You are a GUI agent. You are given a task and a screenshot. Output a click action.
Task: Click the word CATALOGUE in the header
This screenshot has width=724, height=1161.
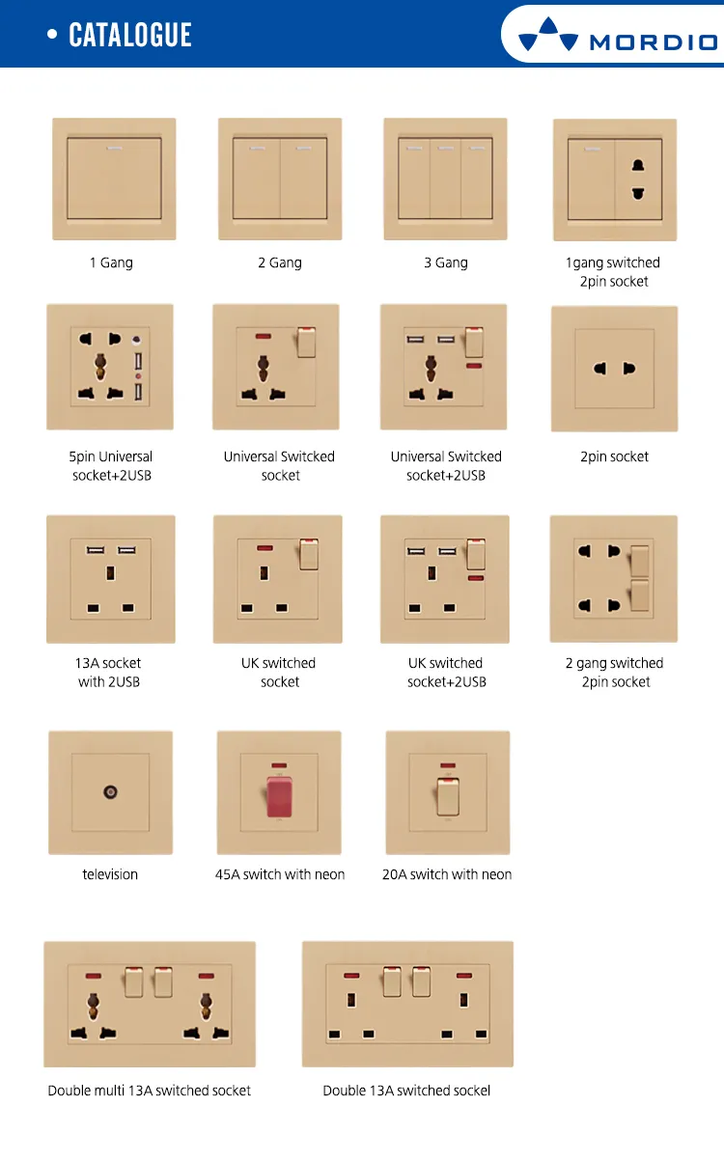point(130,35)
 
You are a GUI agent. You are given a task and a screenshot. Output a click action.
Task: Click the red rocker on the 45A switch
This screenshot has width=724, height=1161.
point(279,796)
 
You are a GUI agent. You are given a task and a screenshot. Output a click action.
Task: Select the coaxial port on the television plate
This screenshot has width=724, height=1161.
point(110,792)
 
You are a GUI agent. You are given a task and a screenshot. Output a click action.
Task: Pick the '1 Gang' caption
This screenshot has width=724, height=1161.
point(111,263)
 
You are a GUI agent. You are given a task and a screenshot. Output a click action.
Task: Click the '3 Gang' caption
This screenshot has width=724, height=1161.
point(446,263)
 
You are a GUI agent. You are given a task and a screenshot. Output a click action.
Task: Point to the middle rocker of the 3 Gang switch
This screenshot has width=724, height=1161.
point(445,179)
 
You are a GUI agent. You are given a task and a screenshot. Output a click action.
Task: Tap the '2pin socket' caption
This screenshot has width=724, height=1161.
point(614,456)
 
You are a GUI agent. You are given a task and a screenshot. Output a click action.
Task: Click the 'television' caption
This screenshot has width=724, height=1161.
point(110,874)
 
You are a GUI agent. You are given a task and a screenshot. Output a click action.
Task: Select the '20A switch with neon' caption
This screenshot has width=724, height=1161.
point(447,874)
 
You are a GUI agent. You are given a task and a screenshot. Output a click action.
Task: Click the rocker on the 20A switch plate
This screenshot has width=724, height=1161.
point(448,796)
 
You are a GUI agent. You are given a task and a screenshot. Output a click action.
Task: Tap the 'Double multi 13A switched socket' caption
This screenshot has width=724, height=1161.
point(150,1091)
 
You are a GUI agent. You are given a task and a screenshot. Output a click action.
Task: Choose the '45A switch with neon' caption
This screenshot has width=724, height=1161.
point(280,874)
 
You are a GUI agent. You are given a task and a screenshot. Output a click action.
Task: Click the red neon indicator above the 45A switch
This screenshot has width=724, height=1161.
point(279,765)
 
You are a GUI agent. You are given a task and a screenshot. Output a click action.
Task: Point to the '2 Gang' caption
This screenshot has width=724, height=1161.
point(280,263)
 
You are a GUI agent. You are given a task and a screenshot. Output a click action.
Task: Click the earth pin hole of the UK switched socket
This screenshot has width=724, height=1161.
point(265,573)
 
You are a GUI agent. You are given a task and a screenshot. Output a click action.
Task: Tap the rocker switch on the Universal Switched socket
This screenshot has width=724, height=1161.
point(306,342)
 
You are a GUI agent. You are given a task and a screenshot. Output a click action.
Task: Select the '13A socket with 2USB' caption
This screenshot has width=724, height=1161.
point(108,673)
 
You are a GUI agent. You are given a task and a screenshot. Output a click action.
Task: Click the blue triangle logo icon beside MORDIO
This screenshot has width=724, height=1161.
point(548,34)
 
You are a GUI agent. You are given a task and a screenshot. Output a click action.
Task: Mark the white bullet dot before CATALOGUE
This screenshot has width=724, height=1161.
point(52,35)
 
